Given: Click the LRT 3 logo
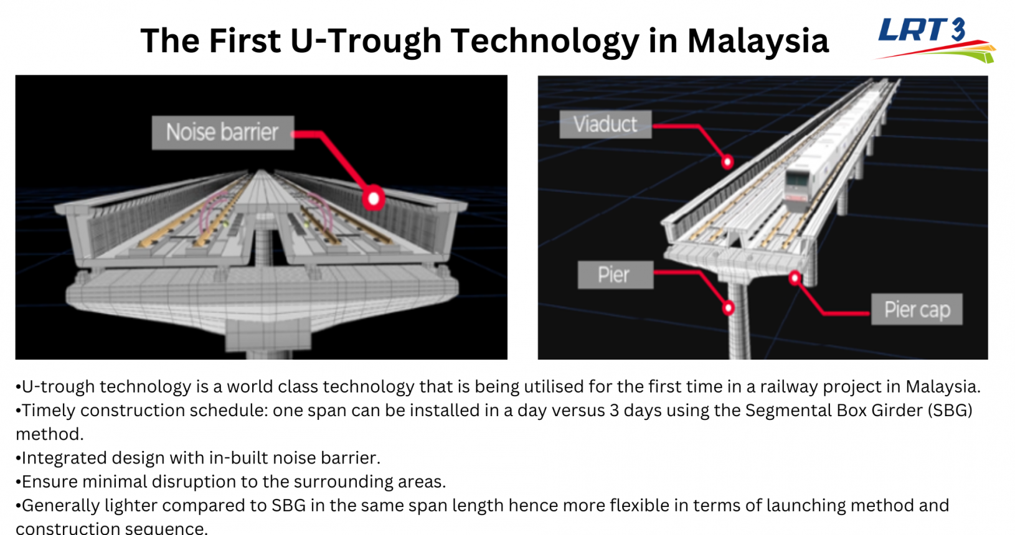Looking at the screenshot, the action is pos(935,40).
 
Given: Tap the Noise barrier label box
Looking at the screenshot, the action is pos(223,133).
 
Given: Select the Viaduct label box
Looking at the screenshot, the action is pos(605,124).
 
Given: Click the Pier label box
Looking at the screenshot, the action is pos(615,275).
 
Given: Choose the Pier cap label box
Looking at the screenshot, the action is pos(917,310).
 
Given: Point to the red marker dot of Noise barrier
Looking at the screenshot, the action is pos(374,198).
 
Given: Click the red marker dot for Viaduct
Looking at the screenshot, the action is pos(727,162).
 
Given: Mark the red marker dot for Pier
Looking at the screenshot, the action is pos(728,308).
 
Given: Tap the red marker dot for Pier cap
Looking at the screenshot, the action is pos(794,277).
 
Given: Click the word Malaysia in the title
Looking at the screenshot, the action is pos(758,40).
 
